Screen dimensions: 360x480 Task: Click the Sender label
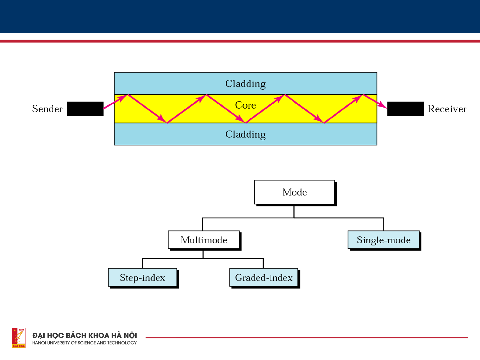pyautogui.click(x=47, y=109)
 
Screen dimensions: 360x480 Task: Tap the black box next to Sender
pyautogui.click(x=85, y=109)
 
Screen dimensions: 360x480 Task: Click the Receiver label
pyautogui.click(x=447, y=109)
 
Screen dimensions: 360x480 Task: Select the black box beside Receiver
pyautogui.click(x=405, y=109)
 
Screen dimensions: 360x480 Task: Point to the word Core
pyautogui.click(x=245, y=105)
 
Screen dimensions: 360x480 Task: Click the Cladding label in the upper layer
pyautogui.click(x=245, y=84)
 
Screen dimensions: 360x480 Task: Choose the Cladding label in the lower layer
pyautogui.click(x=245, y=134)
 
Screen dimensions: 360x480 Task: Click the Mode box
pyautogui.click(x=294, y=192)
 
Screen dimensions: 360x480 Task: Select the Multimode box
pyautogui.click(x=204, y=240)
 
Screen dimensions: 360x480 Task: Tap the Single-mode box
pyautogui.click(x=383, y=240)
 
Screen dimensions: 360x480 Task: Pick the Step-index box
pyautogui.click(x=143, y=277)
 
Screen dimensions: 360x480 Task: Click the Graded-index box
pyautogui.click(x=263, y=277)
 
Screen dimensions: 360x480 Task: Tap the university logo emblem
pyautogui.click(x=19, y=337)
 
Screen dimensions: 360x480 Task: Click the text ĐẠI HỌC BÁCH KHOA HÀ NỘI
pyautogui.click(x=85, y=335)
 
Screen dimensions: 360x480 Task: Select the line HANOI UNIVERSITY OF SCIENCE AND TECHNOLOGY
pyautogui.click(x=85, y=343)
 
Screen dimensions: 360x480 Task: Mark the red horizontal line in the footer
pyautogui.click(x=306, y=338)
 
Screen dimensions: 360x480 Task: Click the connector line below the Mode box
pyautogui.click(x=294, y=212)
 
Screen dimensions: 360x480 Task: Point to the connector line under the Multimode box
pyautogui.click(x=203, y=255)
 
